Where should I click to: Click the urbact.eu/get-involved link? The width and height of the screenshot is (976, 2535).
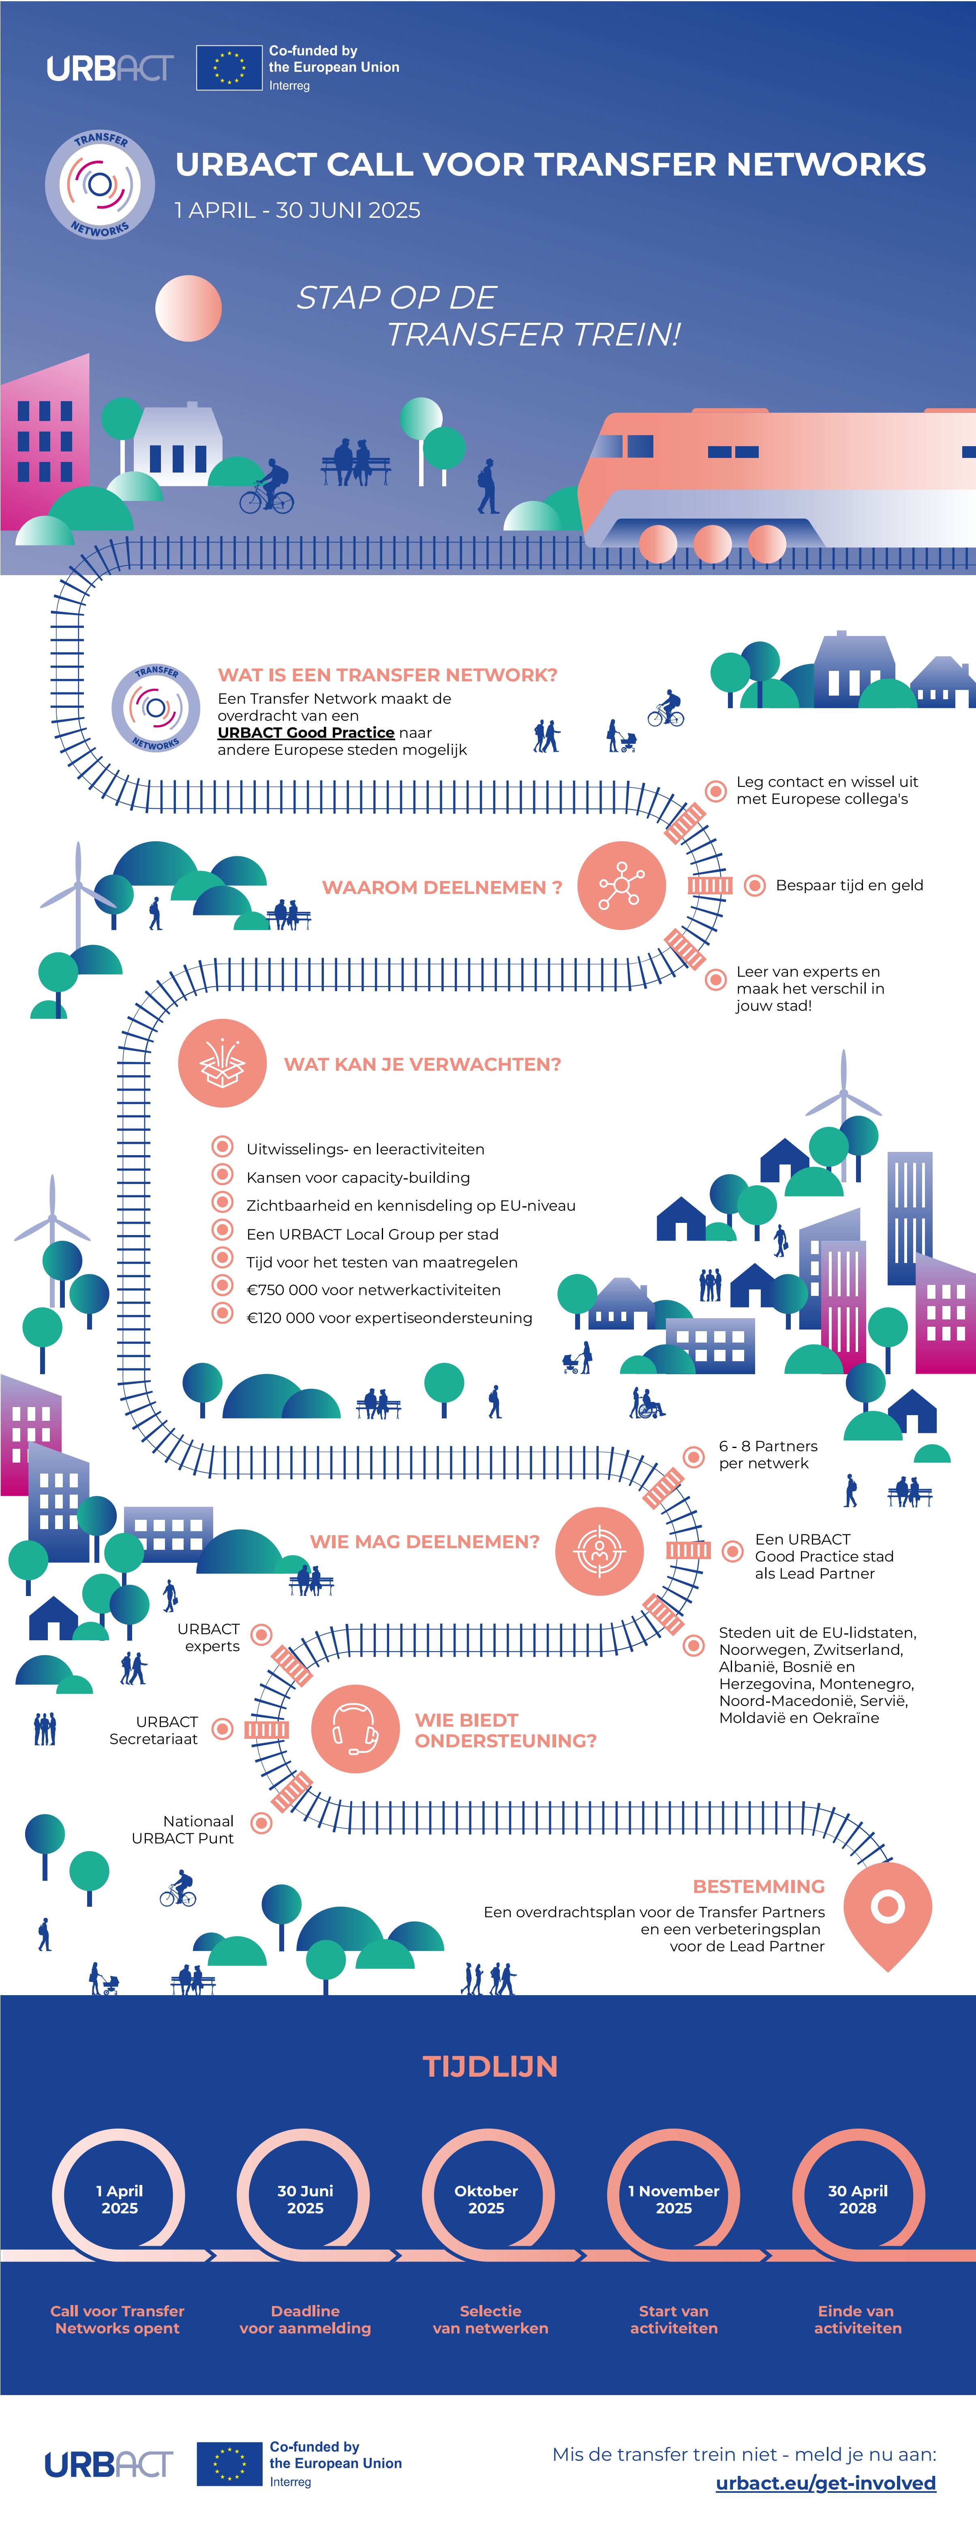(x=826, y=2483)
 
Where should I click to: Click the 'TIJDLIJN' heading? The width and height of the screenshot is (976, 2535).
(x=490, y=2066)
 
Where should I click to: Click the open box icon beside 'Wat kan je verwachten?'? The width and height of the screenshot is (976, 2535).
(x=223, y=1063)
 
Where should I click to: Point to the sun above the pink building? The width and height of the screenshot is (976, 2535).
(x=188, y=308)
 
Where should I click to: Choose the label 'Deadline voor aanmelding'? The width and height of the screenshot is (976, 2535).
(x=305, y=2320)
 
